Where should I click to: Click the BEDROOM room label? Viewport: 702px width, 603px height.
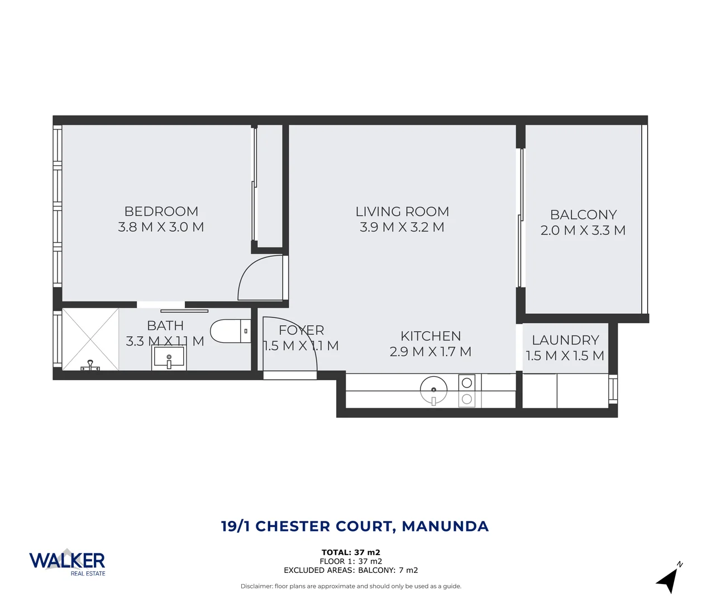click(x=161, y=212)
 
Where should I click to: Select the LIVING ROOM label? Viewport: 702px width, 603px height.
click(x=402, y=212)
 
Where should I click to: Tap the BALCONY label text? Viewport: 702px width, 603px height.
click(x=583, y=215)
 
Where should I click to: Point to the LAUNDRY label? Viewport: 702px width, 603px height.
click(x=565, y=340)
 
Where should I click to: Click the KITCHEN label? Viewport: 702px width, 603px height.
click(x=431, y=336)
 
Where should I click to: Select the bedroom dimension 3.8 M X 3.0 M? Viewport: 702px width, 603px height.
click(x=161, y=227)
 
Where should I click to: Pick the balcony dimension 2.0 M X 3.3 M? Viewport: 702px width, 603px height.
click(x=583, y=231)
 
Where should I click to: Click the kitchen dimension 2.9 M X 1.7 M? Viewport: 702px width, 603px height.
click(x=431, y=352)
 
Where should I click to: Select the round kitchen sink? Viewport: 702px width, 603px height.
click(x=433, y=390)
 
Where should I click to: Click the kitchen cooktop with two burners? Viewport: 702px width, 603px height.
click(x=467, y=391)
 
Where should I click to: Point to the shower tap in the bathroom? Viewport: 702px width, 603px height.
click(x=89, y=366)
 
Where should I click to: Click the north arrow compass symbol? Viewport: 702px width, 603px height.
click(x=669, y=579)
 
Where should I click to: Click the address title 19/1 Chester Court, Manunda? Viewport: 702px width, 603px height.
click(x=355, y=527)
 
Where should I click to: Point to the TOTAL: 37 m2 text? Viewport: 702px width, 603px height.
click(x=351, y=552)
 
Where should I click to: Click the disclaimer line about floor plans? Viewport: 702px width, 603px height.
click(x=351, y=586)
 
